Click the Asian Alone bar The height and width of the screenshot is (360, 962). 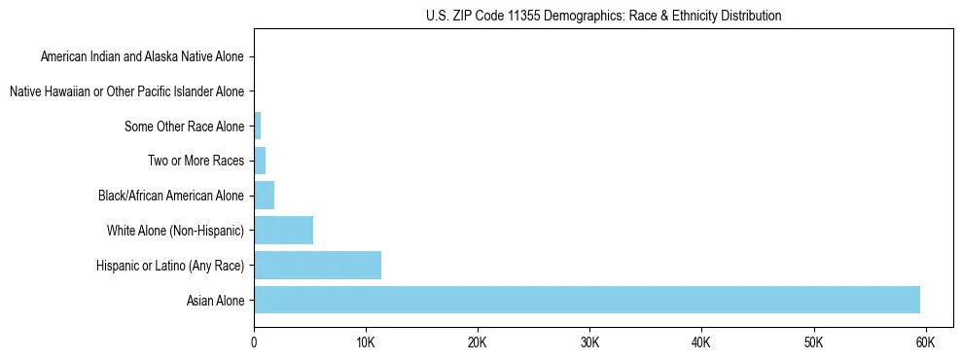tap(587, 300)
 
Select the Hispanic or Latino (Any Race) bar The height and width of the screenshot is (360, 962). tap(317, 265)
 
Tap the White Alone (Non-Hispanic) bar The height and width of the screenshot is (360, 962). tap(283, 231)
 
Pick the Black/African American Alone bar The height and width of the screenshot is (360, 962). tap(264, 196)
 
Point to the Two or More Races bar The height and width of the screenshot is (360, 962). tap(260, 161)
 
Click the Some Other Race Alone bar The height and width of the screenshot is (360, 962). tap(258, 126)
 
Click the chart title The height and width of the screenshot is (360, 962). tap(603, 16)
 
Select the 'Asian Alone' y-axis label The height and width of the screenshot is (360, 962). tap(215, 301)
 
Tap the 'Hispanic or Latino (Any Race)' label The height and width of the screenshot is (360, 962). tap(170, 266)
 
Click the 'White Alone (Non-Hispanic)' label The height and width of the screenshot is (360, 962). tap(175, 231)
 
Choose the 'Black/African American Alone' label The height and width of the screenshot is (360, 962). tap(171, 196)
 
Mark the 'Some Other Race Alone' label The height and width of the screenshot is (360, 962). tap(184, 126)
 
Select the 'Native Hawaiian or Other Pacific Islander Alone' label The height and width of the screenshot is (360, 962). tap(126, 91)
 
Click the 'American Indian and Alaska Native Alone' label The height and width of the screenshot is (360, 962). tap(142, 56)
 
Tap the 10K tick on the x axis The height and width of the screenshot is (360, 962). tap(366, 343)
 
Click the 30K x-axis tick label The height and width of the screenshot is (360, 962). tap(589, 343)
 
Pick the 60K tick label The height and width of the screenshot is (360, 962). tap(925, 343)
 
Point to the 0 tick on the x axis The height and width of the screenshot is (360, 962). tap(254, 343)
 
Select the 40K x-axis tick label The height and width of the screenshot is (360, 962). tap(701, 343)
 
